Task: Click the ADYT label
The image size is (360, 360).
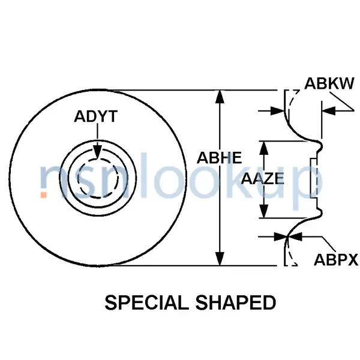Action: coord(96,116)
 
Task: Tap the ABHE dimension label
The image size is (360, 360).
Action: coord(219,158)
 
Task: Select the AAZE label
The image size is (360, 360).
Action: coord(262,179)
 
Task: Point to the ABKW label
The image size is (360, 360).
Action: coord(329,83)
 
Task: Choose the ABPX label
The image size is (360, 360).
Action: coord(336,260)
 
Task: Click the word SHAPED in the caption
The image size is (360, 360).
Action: coord(236,302)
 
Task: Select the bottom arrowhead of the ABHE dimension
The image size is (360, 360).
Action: coord(220,258)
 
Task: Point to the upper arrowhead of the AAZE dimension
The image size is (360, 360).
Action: coord(264,148)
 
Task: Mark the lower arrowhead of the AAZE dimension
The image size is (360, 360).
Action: coord(264,211)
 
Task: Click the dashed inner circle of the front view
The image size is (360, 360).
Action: coord(98,178)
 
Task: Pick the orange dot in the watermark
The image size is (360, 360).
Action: coord(43,194)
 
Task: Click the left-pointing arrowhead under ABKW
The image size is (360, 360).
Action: coord(329,111)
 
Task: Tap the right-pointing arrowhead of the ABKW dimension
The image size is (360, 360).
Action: coord(278,111)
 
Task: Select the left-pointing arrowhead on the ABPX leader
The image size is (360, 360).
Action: coord(295,236)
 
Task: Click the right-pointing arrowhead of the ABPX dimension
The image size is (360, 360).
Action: coord(281,236)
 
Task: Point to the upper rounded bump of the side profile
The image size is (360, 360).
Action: coord(319,146)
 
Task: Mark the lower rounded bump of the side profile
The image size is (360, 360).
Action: coord(319,213)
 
